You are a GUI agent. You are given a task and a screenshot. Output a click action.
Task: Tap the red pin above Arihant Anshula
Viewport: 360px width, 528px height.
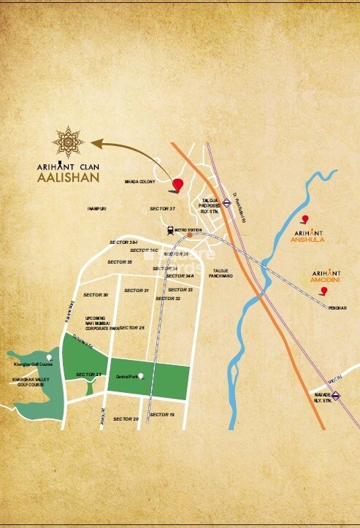pos(305,219)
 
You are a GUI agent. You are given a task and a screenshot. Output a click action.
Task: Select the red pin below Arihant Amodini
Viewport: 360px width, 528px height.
pos(323,292)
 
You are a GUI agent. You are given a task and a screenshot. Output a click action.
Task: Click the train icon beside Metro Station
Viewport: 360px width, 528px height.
pos(169,229)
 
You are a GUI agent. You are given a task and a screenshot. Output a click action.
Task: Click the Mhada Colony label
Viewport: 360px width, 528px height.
pos(139,182)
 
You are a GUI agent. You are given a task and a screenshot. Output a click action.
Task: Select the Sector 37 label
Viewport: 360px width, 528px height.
pos(163,209)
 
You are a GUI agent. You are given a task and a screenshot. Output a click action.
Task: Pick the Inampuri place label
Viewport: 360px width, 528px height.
pos(97,209)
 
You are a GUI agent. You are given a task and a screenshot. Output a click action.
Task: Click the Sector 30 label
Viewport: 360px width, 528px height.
pos(96,294)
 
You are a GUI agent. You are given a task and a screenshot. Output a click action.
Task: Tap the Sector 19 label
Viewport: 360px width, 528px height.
pos(161,415)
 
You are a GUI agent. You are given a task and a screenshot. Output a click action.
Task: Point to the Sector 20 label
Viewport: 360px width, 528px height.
pos(126,418)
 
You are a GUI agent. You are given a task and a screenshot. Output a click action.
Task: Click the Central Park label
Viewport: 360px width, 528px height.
pos(128,377)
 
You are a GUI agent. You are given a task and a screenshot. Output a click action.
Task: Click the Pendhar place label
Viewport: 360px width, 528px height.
pos(337,308)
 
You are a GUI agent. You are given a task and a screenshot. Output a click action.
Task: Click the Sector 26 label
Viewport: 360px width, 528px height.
pos(131,327)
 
